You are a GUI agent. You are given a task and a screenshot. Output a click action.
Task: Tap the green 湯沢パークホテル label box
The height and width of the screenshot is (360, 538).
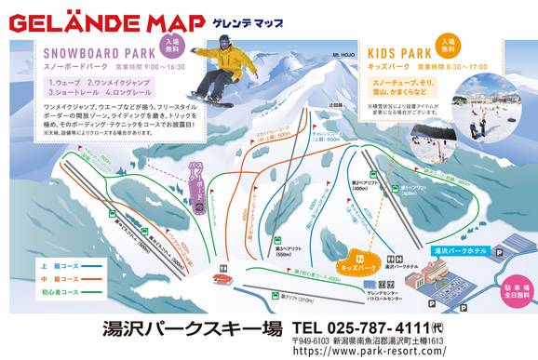click(x=461, y=251)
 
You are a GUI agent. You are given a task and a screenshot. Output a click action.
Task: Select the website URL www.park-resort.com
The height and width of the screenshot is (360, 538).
click(x=414, y=351)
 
